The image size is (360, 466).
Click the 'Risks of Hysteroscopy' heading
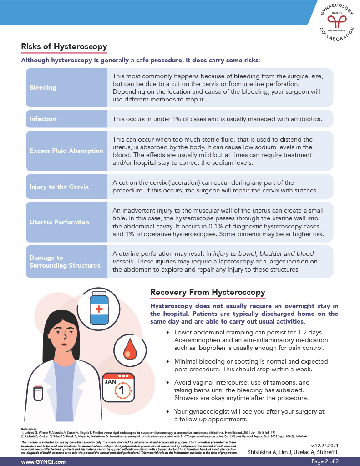[x=64, y=46]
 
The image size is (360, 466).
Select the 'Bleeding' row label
[x=43, y=87]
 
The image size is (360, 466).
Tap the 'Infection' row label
[x=43, y=119]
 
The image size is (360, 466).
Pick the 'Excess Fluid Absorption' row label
[x=66, y=151]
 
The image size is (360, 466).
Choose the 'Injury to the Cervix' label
[x=59, y=187]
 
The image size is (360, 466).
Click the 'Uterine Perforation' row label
[x=59, y=222]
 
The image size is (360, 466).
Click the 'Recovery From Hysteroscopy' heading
[x=208, y=292]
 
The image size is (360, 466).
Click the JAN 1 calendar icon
[x=118, y=387]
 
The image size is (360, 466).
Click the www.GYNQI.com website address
[x=43, y=461]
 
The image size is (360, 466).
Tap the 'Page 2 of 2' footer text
[x=325, y=461]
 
